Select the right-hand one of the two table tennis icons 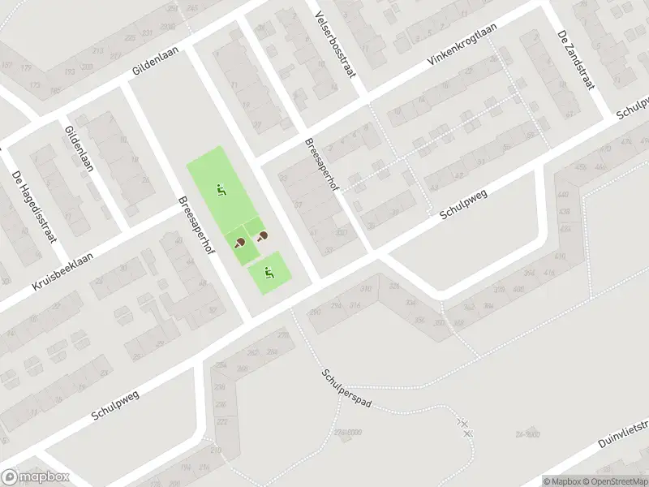click(263, 236)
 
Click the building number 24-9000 click(527, 433)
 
